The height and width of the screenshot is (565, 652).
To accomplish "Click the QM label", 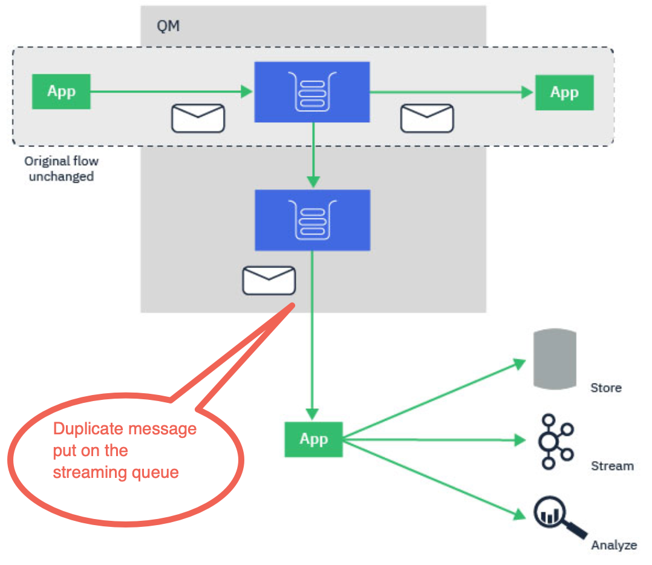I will pos(168,27).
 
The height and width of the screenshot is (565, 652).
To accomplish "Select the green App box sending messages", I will pos(61,91).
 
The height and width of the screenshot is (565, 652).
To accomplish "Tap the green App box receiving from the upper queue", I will pos(564,93).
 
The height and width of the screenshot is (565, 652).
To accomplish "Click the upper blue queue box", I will pos(312,91).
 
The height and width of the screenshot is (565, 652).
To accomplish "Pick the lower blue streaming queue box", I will pos(312,220).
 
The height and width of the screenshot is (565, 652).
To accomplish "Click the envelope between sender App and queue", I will pos(198,118).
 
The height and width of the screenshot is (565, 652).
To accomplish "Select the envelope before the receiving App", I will pos(427,118).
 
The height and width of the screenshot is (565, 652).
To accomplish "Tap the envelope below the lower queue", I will pos(269,280).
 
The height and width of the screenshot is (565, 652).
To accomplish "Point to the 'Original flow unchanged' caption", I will pos(61,169).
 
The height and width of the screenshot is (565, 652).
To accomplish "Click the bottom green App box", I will pos(313,439).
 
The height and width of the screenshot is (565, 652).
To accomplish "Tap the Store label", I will pos(605,388).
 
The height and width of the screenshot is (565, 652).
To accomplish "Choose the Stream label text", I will pos(612,466).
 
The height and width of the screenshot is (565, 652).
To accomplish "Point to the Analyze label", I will pos(614,545).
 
